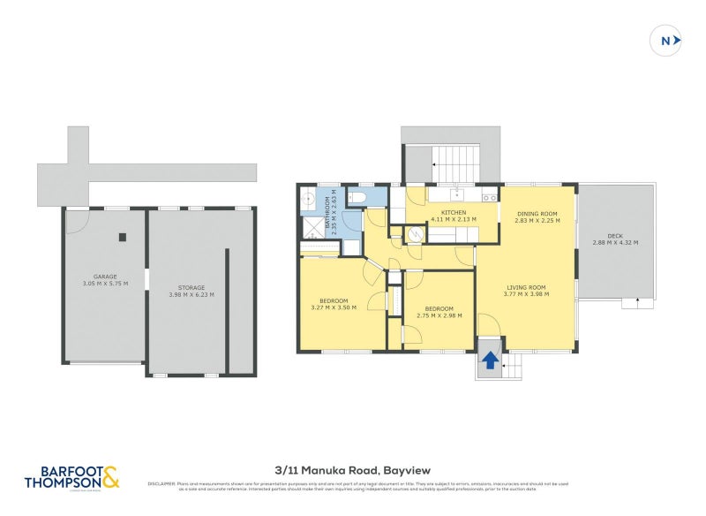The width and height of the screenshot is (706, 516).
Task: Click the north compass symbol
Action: tap(669, 40)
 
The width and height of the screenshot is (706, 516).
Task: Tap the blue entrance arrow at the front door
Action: tap(488, 360)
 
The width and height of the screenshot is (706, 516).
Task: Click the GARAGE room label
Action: tap(105, 277)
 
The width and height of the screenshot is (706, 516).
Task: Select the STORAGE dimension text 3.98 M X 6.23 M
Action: tap(192, 295)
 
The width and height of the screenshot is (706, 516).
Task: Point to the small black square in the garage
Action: tap(123, 236)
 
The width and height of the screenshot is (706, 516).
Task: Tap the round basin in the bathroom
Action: tap(309, 196)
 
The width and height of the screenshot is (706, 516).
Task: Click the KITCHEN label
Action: tap(454, 213)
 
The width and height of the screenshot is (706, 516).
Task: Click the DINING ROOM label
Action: tap(537, 213)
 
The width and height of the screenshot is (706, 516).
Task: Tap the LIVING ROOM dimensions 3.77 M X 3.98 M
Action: tap(526, 295)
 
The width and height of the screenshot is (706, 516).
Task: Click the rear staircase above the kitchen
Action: tap(455, 165)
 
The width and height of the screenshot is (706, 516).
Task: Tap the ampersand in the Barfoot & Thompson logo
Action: tap(109, 478)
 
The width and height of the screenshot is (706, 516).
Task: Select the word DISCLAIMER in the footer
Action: tap(163, 483)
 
